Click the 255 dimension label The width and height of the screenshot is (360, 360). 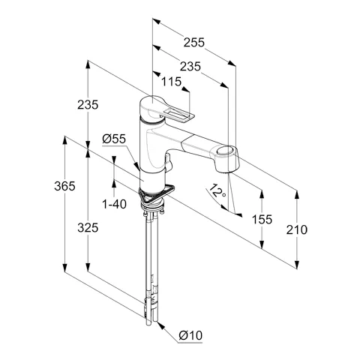click(x=194, y=43)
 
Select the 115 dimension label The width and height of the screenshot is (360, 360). click(x=171, y=82)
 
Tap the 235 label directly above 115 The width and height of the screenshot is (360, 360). click(x=190, y=67)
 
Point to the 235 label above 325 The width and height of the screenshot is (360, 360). click(x=88, y=105)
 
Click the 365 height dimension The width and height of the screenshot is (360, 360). click(x=64, y=186)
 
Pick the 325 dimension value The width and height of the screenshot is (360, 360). click(x=88, y=228)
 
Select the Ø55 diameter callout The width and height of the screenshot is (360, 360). click(x=114, y=139)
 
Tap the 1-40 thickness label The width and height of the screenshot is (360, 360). click(x=114, y=204)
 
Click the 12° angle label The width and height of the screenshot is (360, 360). click(x=217, y=190)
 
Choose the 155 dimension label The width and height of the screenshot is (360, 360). click(x=262, y=220)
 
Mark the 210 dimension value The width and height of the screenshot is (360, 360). click(x=297, y=229)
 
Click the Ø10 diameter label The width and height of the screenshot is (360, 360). click(x=190, y=335)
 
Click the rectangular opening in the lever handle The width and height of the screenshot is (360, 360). click(x=178, y=114)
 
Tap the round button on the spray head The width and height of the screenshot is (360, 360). click(x=224, y=151)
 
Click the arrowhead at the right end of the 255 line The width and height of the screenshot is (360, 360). click(x=232, y=63)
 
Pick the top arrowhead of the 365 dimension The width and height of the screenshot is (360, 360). click(x=64, y=140)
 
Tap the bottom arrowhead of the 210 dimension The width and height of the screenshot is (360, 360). click(x=297, y=265)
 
